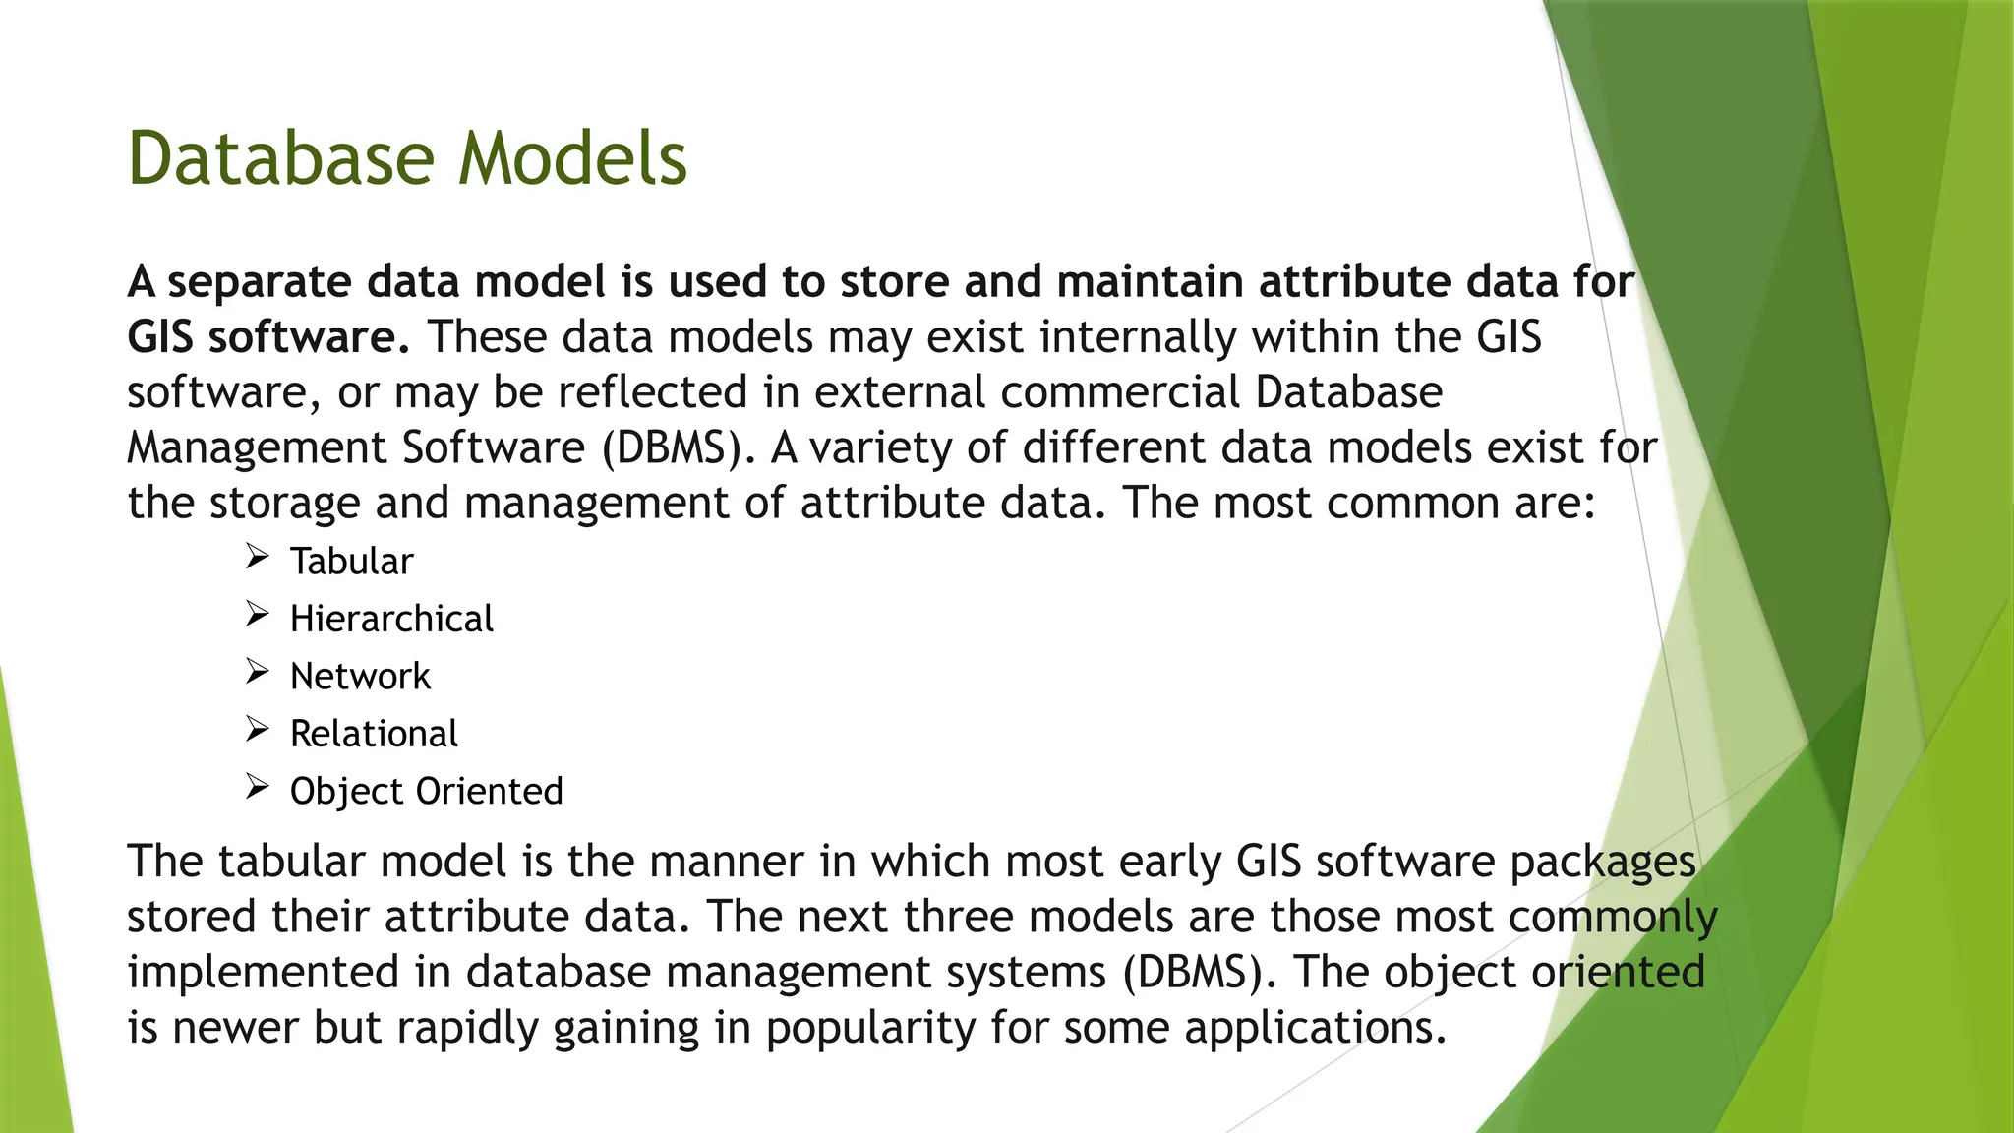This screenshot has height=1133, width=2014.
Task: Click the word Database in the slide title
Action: click(280, 159)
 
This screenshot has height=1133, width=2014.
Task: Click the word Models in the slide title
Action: click(572, 159)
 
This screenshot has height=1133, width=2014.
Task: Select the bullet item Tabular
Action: click(351, 562)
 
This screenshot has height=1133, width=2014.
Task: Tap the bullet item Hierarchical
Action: click(391, 619)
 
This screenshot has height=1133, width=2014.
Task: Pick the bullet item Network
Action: click(360, 677)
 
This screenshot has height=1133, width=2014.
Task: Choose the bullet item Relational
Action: click(374, 734)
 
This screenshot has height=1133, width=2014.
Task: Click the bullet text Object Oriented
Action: click(426, 792)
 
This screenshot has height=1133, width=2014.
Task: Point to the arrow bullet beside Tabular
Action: click(257, 558)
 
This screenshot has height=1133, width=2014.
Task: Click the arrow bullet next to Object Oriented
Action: click(257, 787)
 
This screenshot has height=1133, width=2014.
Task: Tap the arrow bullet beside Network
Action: click(257, 672)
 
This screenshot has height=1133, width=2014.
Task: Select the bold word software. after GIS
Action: click(308, 338)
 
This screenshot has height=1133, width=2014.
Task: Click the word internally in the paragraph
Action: click(1137, 338)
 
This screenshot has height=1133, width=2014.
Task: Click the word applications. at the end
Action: click(1315, 1029)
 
